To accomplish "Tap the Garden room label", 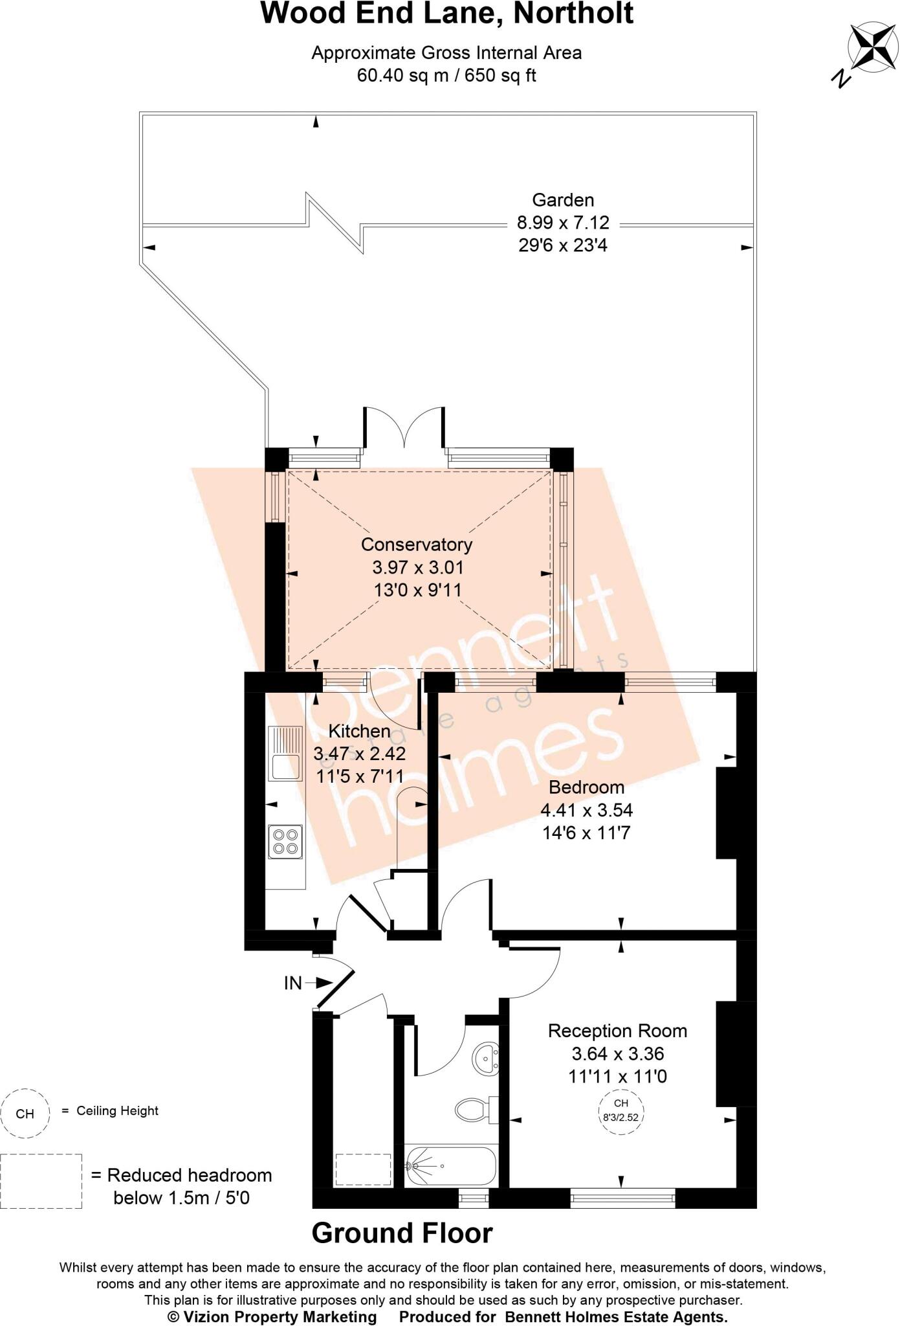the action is (x=563, y=200).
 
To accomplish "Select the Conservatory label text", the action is (x=417, y=545).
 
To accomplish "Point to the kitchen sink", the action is (x=285, y=754).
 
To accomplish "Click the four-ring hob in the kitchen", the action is (x=285, y=841).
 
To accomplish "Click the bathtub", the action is (x=450, y=1166).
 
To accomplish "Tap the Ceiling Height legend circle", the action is (x=25, y=1114).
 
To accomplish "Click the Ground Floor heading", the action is (x=402, y=1233).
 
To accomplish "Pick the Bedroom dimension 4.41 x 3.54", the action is (x=586, y=810).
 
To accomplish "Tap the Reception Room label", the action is (x=617, y=1031).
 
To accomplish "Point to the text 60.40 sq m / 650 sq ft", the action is (x=446, y=76).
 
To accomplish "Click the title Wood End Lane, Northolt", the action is (x=446, y=14).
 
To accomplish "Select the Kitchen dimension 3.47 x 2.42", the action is (x=360, y=754).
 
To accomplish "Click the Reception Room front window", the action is (x=623, y=1198).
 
